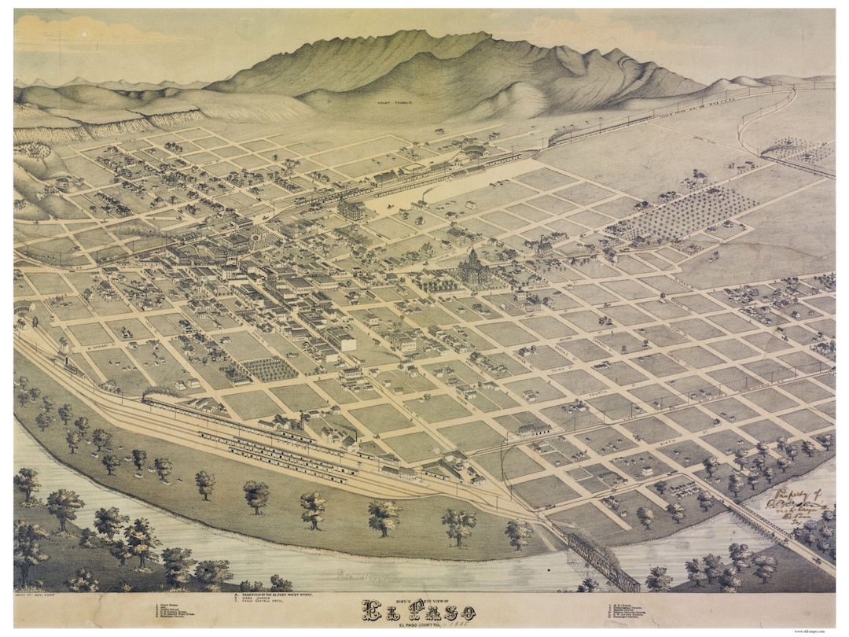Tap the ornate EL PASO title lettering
(418, 610)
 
